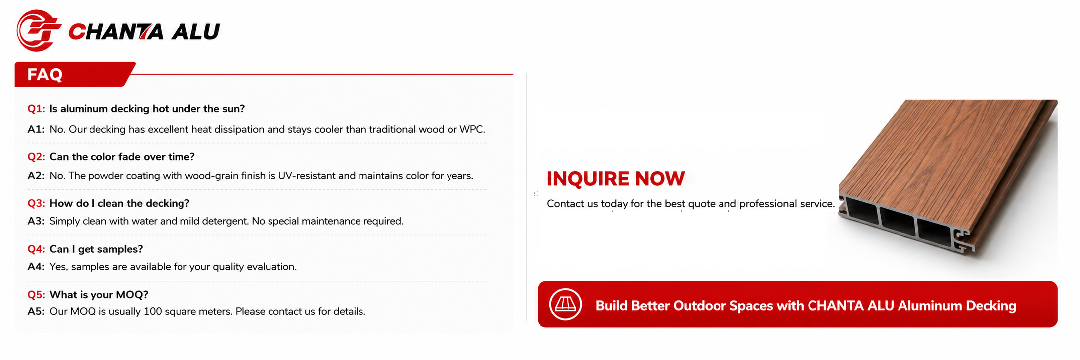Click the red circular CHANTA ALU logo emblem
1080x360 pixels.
[x=38, y=31]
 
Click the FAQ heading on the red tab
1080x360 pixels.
[x=45, y=75]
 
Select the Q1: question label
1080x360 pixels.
[x=36, y=109]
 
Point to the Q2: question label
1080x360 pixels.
[x=36, y=157]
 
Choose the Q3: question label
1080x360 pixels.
[x=36, y=203]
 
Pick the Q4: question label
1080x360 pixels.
[x=36, y=249]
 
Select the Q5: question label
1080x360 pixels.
[x=36, y=295]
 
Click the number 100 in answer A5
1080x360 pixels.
[x=152, y=312]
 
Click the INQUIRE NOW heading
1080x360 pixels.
[x=616, y=179]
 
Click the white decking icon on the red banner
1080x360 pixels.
[x=565, y=304]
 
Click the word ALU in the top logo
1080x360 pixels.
[x=196, y=32]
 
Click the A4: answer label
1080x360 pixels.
[x=36, y=267]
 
